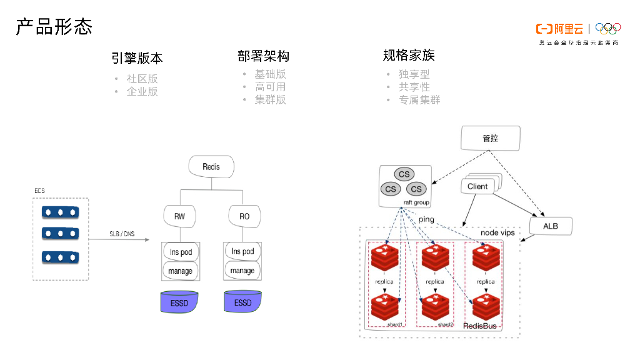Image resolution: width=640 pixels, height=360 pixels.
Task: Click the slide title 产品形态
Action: point(54,27)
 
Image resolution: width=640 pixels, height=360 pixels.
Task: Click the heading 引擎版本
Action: point(137,58)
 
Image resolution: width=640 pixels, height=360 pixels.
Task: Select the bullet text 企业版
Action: point(142,91)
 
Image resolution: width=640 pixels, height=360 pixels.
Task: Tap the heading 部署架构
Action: point(263,56)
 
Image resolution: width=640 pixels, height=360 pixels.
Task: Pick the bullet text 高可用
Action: point(270,87)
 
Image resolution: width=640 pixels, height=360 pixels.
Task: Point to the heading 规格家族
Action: point(409,56)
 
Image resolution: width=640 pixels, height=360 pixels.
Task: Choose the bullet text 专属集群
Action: point(419,99)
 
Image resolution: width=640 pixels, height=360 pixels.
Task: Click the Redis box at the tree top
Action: point(211,167)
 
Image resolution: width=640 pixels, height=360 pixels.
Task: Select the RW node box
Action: point(179,216)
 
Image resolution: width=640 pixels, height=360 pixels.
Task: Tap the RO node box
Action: point(244,216)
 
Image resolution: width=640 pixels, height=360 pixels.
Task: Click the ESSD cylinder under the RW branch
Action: point(180,302)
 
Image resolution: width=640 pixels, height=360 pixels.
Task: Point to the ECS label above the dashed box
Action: point(39,190)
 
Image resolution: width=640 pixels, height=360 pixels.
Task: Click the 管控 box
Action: point(490,138)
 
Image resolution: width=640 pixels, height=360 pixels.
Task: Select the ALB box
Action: point(551,226)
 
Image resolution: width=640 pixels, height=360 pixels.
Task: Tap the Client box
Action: point(478,186)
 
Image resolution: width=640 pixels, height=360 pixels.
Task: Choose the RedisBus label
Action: point(480,326)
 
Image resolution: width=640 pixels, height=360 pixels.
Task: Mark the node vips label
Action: point(497,232)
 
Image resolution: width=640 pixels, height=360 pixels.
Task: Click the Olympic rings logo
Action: point(607,28)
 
